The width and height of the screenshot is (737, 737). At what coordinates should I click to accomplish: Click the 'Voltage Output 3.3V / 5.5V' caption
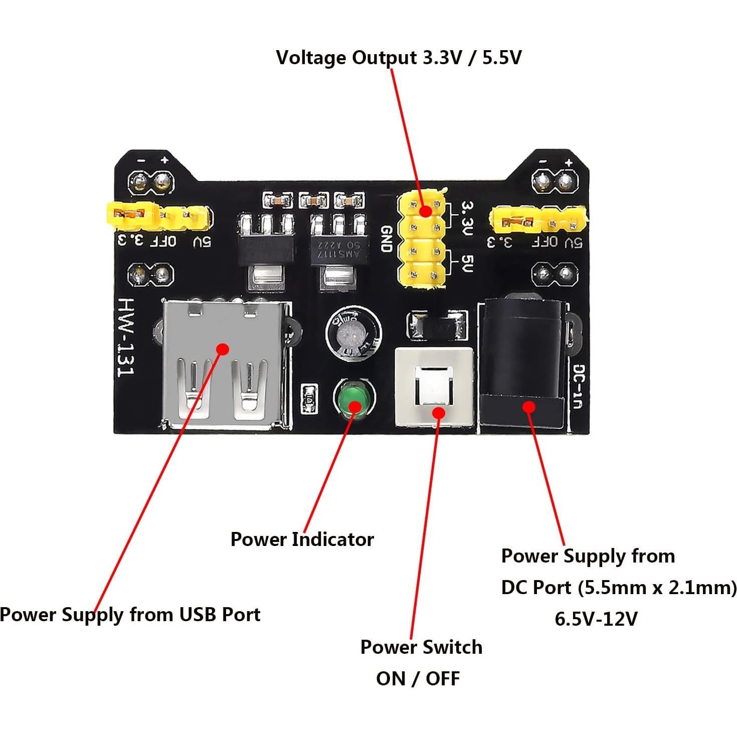point(399,58)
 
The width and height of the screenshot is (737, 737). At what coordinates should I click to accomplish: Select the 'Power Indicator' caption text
point(302,539)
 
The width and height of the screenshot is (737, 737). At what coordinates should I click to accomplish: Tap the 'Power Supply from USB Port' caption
point(130,614)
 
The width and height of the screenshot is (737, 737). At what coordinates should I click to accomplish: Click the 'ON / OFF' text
point(418,679)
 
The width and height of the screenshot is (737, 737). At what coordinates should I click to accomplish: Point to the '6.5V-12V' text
point(596,619)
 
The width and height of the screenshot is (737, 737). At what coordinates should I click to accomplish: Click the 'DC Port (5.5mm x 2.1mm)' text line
point(619,587)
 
